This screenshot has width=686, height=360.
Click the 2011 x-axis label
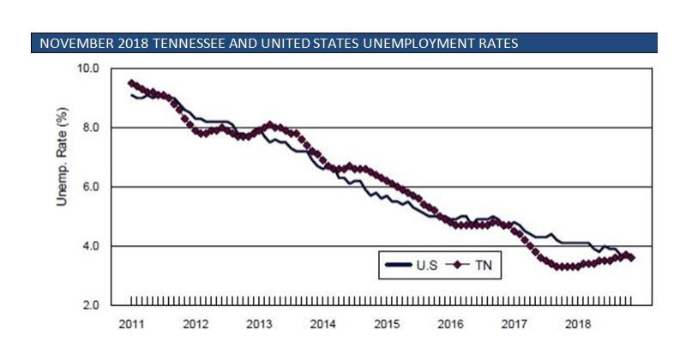pyautogui.click(x=132, y=325)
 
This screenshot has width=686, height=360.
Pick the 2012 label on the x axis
pyautogui.click(x=196, y=325)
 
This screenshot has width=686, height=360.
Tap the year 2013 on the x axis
pyautogui.click(x=260, y=325)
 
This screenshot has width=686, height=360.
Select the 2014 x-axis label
pyautogui.click(x=323, y=325)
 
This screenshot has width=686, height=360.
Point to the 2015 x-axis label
pyautogui.click(x=388, y=325)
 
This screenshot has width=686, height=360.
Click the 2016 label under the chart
pyautogui.click(x=451, y=325)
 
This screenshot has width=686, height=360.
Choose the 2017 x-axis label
pyautogui.click(x=514, y=325)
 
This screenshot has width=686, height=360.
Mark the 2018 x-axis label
pyautogui.click(x=579, y=325)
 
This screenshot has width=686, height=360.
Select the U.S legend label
pyautogui.click(x=426, y=266)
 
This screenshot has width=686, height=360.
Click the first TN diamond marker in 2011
pyautogui.click(x=130, y=83)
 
